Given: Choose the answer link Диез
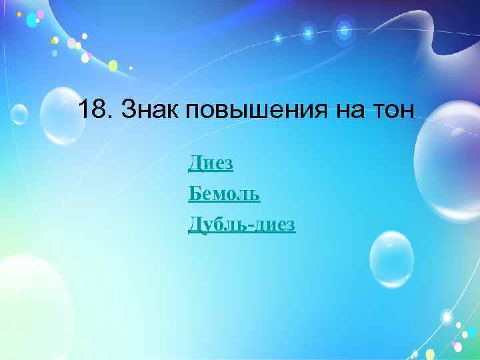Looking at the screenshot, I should (x=211, y=162).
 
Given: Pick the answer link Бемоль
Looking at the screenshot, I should (x=224, y=194).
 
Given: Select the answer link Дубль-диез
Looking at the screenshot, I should (x=241, y=225).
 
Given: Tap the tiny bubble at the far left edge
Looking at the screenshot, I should (x=18, y=115).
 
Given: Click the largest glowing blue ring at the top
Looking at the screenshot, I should (x=344, y=29).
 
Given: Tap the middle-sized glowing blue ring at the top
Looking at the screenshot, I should (x=308, y=31).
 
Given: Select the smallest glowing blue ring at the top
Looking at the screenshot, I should (x=278, y=39).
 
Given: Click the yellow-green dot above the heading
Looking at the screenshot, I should (x=113, y=65).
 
